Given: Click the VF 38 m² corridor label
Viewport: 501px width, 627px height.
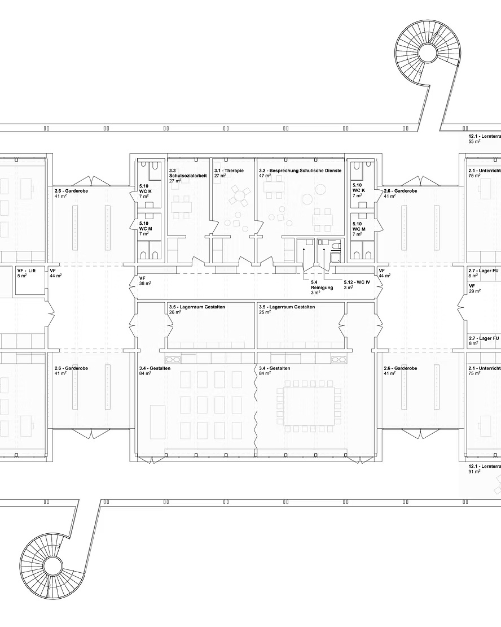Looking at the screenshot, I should tap(146, 281).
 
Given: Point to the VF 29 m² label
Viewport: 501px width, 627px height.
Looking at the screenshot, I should tap(476, 288).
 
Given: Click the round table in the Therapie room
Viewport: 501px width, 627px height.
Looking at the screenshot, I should tap(240, 197).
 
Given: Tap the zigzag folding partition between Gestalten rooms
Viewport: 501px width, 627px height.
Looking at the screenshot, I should tap(255, 407).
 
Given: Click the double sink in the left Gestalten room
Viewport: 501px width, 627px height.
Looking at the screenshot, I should tap(173, 359).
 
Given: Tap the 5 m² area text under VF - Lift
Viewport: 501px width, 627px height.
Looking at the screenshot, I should tap(22, 276).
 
